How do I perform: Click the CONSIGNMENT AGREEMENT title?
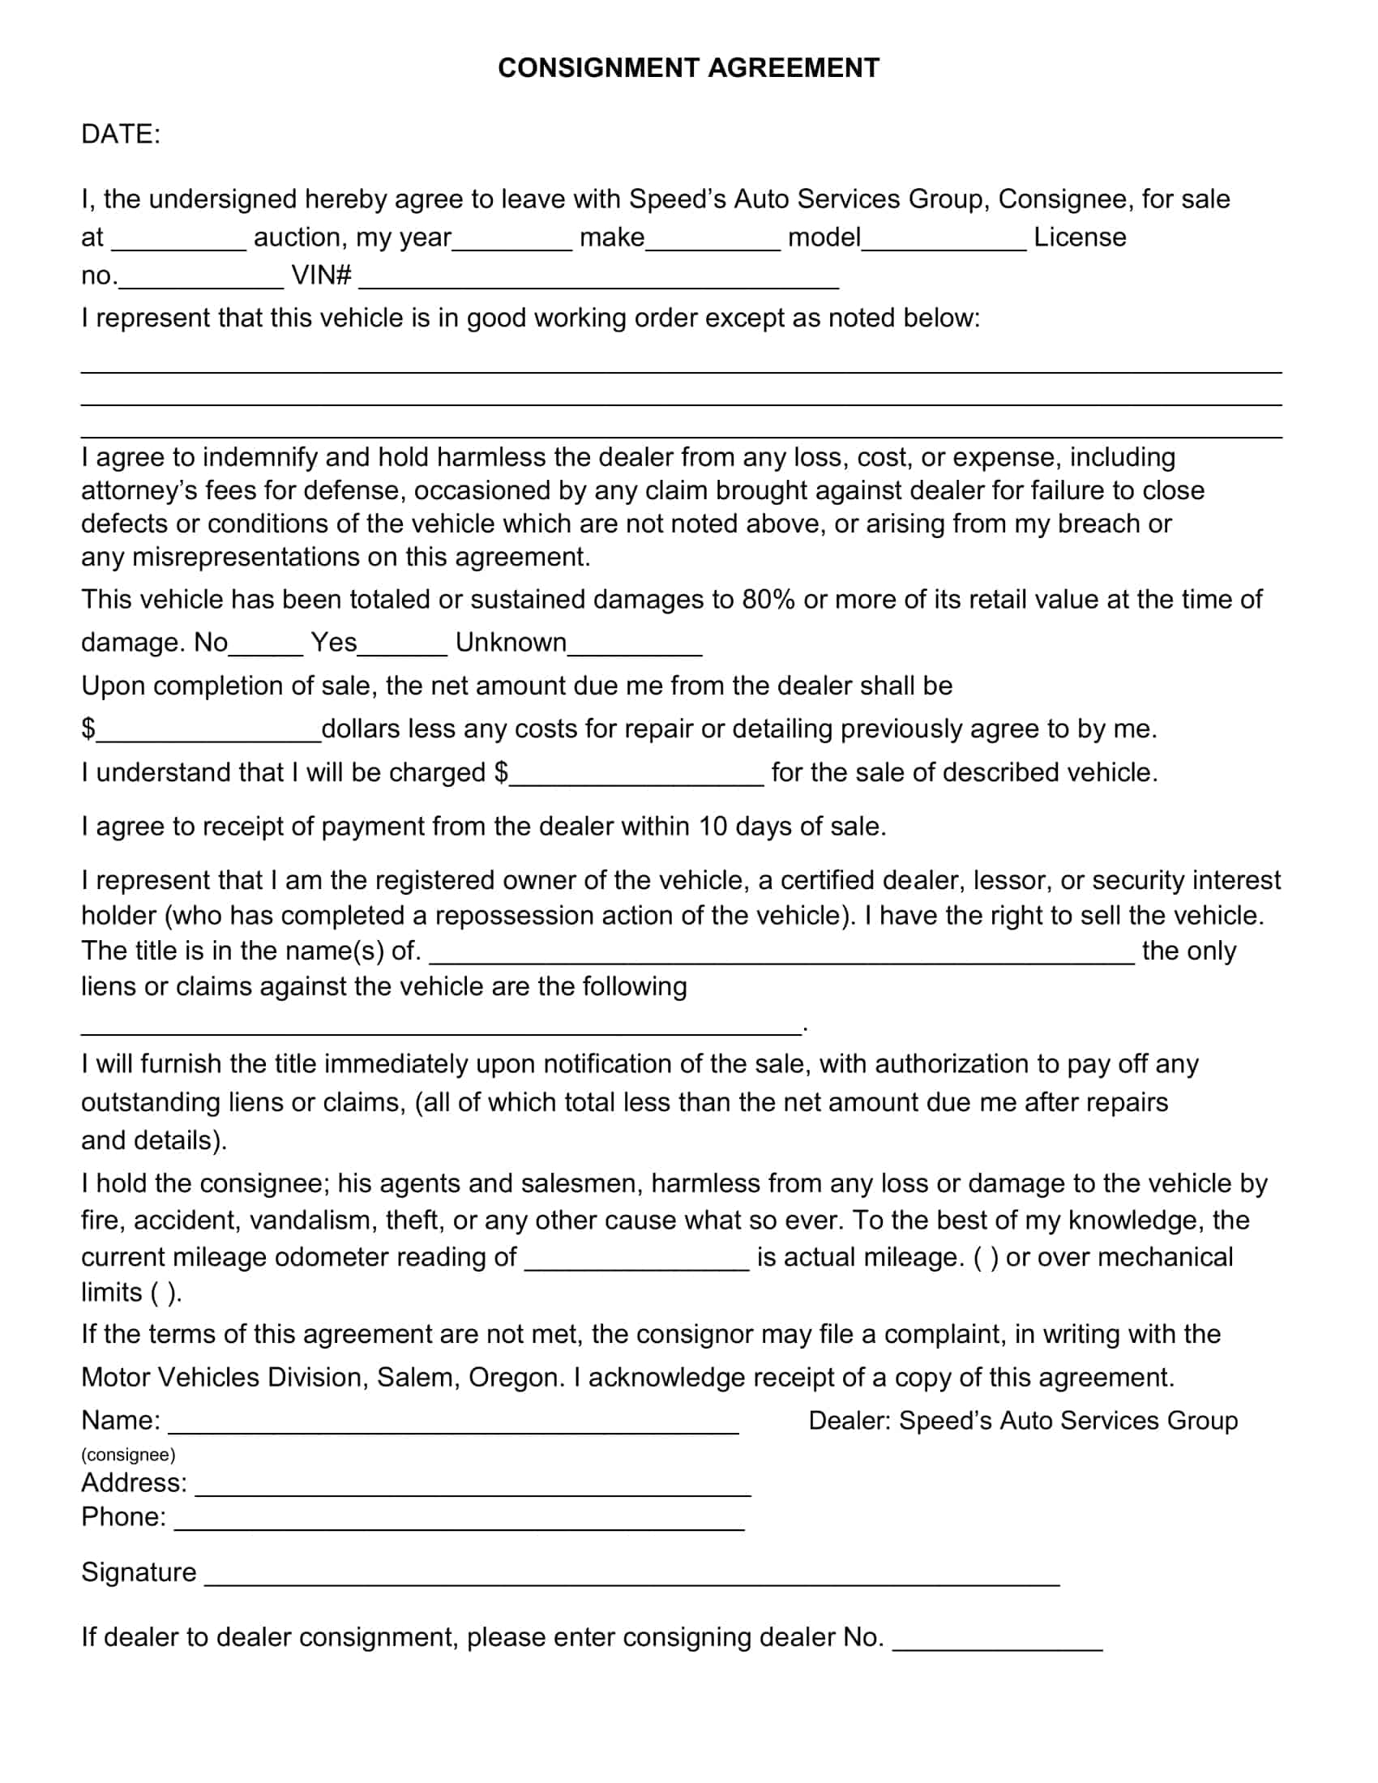(688, 68)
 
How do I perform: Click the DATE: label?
(121, 134)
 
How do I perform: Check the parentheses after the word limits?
(162, 1293)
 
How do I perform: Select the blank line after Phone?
(460, 1521)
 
